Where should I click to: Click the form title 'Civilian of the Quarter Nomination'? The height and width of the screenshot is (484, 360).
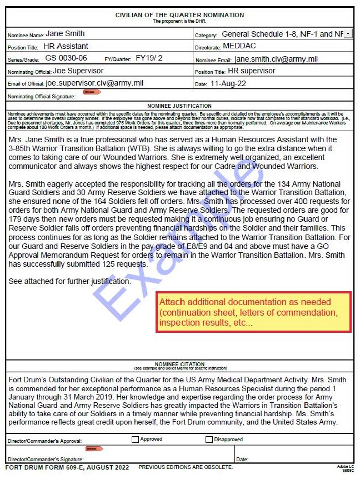coord(179,15)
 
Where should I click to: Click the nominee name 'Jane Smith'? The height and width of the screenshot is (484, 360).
coord(65,34)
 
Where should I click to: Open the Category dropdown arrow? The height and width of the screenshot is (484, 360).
coord(348,34)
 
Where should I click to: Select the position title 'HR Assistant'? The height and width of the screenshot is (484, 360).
coord(66,46)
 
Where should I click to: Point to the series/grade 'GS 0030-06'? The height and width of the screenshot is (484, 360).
coord(66,58)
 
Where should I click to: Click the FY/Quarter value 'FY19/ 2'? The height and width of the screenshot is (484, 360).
coord(149,58)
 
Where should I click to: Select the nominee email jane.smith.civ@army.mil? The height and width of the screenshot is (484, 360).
coord(276,59)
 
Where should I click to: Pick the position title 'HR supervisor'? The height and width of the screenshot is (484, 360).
coord(251,71)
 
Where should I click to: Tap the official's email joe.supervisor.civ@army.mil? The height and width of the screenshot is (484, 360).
coord(94,83)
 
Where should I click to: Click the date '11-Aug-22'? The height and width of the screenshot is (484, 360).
coord(228,84)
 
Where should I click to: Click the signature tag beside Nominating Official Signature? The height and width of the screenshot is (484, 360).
coord(88,92)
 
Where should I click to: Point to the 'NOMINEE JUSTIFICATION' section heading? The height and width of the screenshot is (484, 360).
coord(179,106)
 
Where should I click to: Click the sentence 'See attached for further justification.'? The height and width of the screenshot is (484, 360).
coord(70,281)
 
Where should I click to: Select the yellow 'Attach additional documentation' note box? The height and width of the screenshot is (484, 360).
coord(253,312)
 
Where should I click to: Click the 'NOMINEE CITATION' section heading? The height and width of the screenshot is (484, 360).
coord(179,365)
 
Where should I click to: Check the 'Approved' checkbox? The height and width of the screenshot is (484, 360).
coord(135,439)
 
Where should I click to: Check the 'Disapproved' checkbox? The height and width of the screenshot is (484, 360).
coord(209,439)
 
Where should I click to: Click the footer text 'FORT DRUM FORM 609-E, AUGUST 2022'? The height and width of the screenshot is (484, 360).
coord(67,467)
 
